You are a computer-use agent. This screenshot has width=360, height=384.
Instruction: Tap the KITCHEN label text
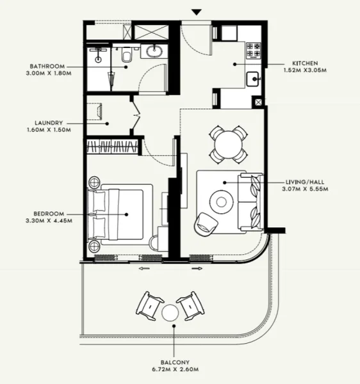tap(304, 63)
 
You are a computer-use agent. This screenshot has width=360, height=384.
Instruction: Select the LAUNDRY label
tap(49, 122)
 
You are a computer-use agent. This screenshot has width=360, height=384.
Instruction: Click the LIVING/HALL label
tap(304, 182)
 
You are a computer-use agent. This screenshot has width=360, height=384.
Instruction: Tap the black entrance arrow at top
tap(197, 12)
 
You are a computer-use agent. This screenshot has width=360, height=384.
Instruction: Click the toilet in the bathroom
tap(127, 58)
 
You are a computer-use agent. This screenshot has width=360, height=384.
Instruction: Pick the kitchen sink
tap(255, 80)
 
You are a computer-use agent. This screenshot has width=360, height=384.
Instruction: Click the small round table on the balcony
tap(171, 312)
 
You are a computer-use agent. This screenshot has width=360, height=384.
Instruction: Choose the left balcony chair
tap(151, 305)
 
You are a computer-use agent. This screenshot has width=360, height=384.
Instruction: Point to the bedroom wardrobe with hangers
tap(111, 145)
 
